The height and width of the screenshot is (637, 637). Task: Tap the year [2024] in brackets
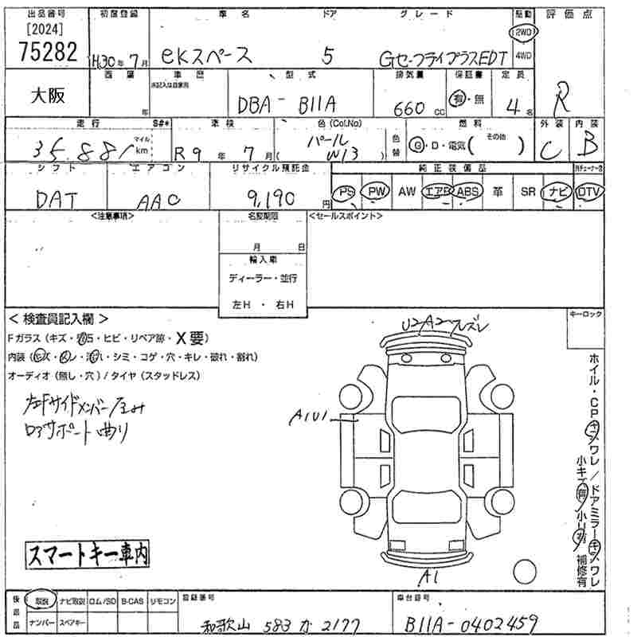(x=45, y=30)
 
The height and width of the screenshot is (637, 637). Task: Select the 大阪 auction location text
(x=48, y=96)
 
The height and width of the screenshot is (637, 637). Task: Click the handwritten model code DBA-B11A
(x=287, y=104)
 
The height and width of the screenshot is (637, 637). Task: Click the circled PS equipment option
(x=345, y=192)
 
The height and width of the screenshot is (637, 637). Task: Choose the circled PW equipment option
(x=373, y=192)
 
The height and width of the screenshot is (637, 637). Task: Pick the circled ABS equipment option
(x=467, y=192)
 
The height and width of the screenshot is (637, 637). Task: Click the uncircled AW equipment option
(x=406, y=192)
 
